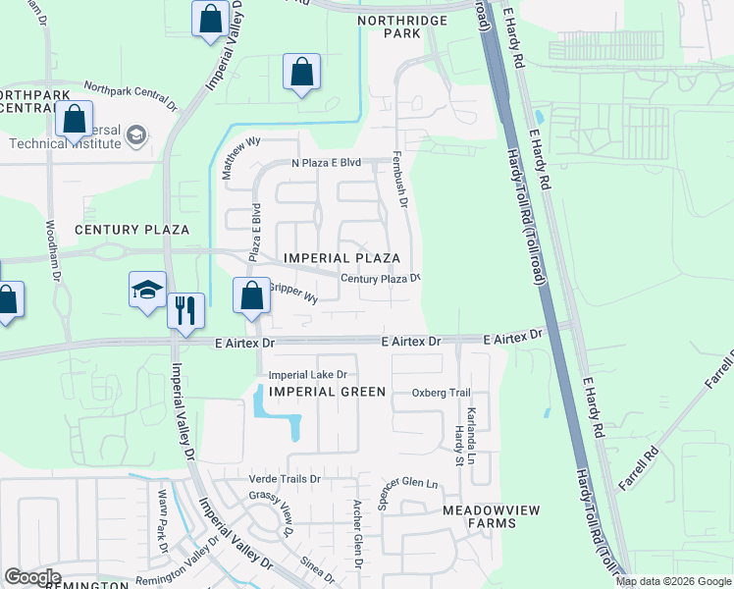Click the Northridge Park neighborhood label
pos(401,27)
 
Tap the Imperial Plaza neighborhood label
pos(341,258)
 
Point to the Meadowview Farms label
pos(479,516)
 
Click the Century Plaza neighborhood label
pos(132,230)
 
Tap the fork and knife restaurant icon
pos(185,310)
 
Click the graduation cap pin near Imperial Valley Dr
pos(147,290)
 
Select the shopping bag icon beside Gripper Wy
pos(252,294)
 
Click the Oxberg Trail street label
pos(441,393)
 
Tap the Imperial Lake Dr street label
pos(308,375)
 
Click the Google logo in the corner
pos(32,577)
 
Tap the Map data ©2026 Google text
pos(673,581)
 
